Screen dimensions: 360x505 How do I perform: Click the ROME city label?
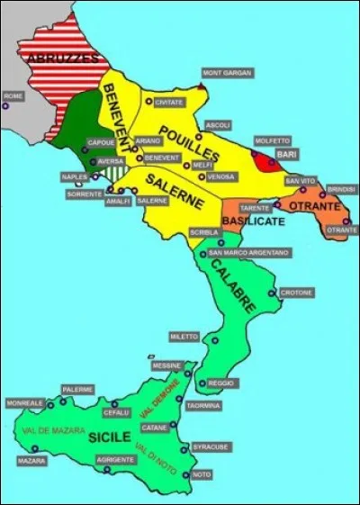point(13,95)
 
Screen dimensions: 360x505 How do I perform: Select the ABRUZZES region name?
point(62,58)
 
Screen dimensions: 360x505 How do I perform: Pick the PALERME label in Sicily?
point(78,389)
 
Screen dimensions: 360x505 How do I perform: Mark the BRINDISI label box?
point(342,189)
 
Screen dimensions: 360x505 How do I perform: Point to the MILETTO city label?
point(184,336)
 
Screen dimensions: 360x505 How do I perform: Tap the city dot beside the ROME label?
point(5,105)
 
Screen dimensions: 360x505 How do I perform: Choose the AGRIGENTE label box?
point(115,459)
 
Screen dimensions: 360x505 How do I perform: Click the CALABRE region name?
point(233,285)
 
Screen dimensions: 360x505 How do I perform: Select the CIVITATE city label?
point(170,103)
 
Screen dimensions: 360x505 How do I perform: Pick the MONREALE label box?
point(23,403)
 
